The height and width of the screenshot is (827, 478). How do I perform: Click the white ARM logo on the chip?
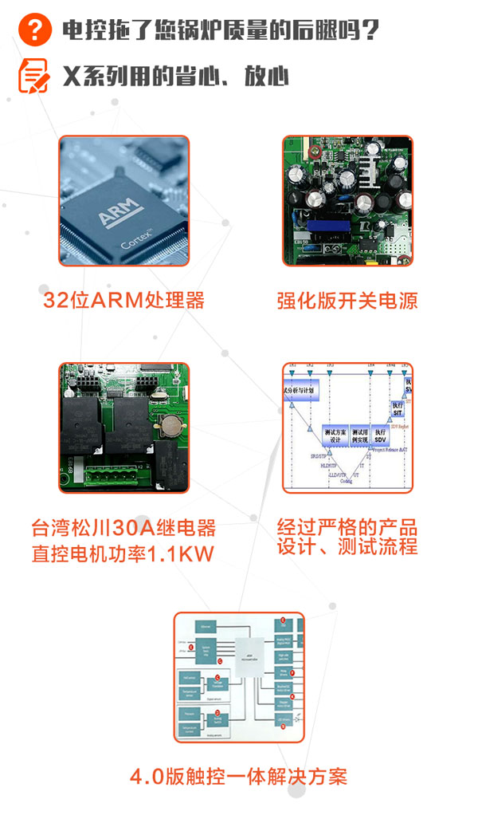click(x=119, y=214)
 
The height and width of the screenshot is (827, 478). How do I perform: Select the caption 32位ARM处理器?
click(x=123, y=301)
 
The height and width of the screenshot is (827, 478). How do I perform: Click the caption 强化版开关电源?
click(x=347, y=301)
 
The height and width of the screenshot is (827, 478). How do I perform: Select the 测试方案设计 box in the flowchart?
click(x=335, y=435)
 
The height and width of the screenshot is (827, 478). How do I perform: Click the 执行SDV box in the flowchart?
click(x=381, y=435)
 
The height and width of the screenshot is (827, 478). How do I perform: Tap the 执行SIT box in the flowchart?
click(x=398, y=408)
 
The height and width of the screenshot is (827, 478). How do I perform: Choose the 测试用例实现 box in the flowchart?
click(x=359, y=435)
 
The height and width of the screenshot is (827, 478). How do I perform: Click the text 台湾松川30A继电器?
click(x=123, y=528)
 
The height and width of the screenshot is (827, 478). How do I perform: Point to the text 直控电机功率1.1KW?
click(x=123, y=553)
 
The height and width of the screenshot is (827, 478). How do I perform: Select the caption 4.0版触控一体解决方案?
click(x=239, y=776)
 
